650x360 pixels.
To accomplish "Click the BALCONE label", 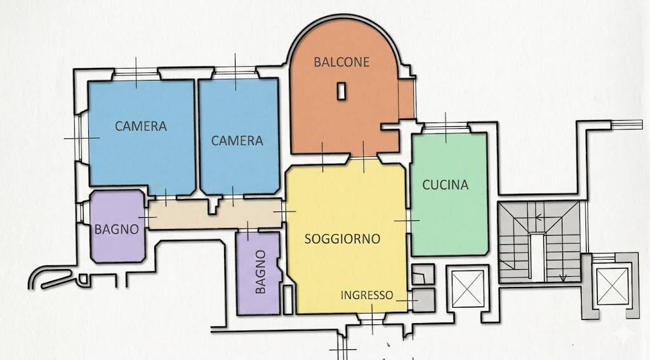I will (x=342, y=62).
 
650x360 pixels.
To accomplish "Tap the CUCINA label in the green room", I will (x=445, y=185).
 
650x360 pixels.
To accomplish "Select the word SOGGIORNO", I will (x=342, y=239).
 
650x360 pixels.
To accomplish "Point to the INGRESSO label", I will (x=366, y=295).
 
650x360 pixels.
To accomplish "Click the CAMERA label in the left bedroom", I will (x=140, y=126).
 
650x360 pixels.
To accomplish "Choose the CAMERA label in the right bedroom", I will (x=237, y=140).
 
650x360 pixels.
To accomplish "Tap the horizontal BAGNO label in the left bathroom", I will (x=116, y=230).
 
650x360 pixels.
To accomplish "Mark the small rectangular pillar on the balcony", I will (x=342, y=91).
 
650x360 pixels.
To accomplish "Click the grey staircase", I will (x=540, y=241).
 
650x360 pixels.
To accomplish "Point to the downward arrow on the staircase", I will (x=563, y=276).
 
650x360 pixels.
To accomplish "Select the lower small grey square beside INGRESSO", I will (x=423, y=300).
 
